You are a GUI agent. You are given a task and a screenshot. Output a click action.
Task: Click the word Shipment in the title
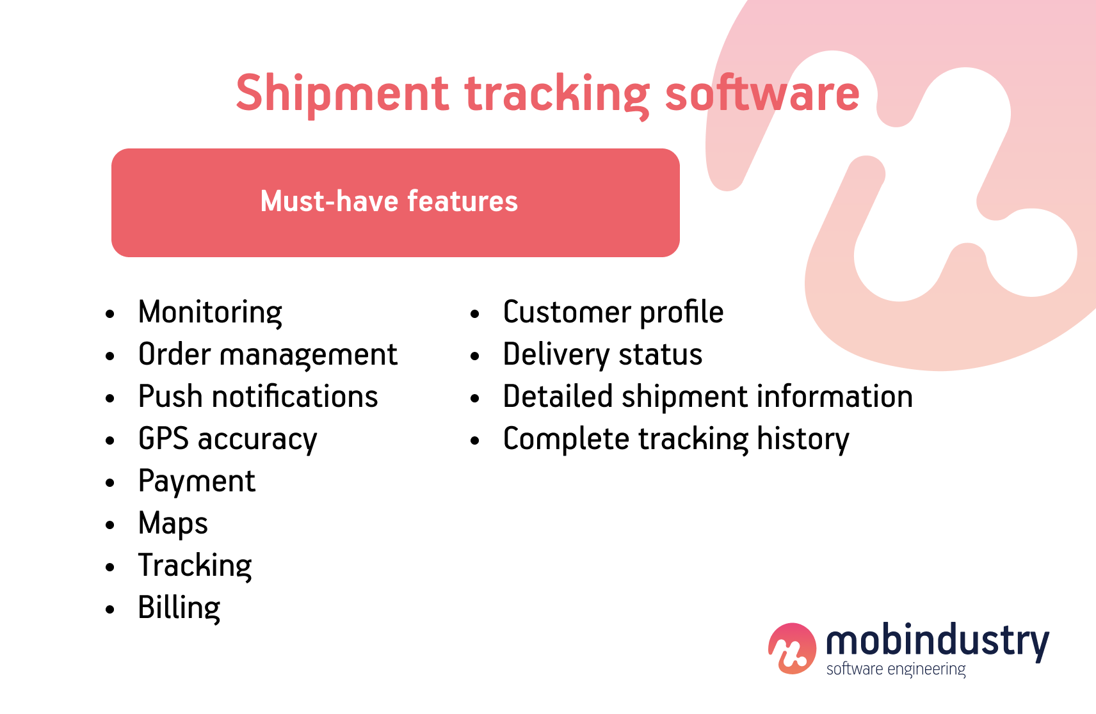click(342, 94)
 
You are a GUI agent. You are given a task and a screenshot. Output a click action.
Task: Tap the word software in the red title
click(762, 94)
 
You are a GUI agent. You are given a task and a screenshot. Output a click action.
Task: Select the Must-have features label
click(389, 202)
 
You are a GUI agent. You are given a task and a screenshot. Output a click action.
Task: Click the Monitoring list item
click(210, 313)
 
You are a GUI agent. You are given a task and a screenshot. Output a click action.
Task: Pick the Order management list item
click(268, 355)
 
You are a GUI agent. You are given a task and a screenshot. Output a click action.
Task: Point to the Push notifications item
click(258, 397)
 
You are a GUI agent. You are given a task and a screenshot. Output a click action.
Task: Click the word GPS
click(163, 440)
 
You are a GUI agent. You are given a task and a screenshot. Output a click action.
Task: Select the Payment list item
click(197, 482)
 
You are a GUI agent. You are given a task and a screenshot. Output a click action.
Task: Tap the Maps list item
click(173, 524)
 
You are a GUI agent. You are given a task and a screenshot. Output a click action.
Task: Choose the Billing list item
click(179, 608)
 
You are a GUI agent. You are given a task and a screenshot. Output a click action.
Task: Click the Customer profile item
click(613, 313)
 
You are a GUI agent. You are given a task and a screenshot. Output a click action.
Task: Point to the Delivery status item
click(602, 355)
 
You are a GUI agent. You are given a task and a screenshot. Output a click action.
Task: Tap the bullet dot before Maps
click(110, 525)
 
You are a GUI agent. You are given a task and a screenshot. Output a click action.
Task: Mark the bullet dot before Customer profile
click(474, 314)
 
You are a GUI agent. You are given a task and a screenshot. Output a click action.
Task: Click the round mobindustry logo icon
click(792, 648)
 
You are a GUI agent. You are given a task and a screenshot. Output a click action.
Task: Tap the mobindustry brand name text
click(937, 641)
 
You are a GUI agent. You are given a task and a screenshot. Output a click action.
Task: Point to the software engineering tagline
click(896, 669)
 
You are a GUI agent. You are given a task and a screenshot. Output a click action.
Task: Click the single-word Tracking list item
click(195, 566)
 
